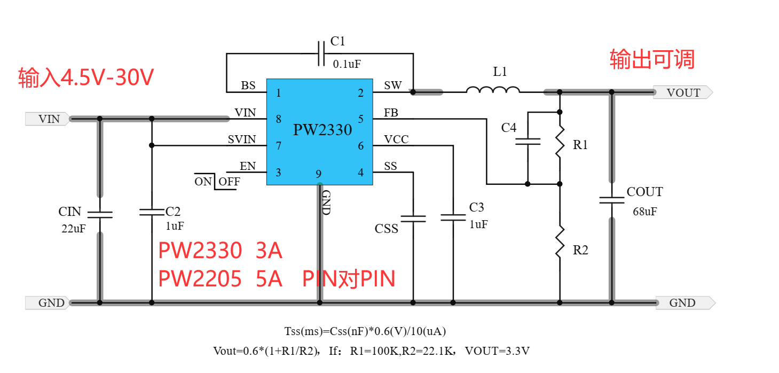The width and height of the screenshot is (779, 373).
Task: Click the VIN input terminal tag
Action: (47, 119)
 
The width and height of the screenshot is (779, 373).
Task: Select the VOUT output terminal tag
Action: (683, 92)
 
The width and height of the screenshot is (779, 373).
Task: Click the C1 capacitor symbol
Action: (321, 53)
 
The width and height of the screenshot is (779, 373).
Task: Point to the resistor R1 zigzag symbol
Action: (560, 141)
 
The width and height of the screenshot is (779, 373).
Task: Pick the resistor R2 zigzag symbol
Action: (560, 242)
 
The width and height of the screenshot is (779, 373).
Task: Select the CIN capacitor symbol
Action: (99, 214)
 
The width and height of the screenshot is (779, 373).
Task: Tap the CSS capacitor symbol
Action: (413, 219)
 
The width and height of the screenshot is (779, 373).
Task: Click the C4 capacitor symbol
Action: (528, 142)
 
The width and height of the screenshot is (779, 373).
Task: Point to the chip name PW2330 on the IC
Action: (322, 130)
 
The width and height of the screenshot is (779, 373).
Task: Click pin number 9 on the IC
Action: (319, 174)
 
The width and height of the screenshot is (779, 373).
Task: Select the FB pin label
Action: (390, 113)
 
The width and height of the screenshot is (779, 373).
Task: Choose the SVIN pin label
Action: (242, 139)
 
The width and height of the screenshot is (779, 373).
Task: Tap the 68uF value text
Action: (644, 211)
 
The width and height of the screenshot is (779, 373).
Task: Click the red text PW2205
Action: (200, 279)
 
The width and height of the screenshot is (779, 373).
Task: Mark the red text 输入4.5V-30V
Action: (86, 78)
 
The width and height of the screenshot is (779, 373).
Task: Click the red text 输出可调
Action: (652, 59)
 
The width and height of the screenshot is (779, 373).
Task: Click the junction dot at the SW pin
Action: (413, 92)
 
